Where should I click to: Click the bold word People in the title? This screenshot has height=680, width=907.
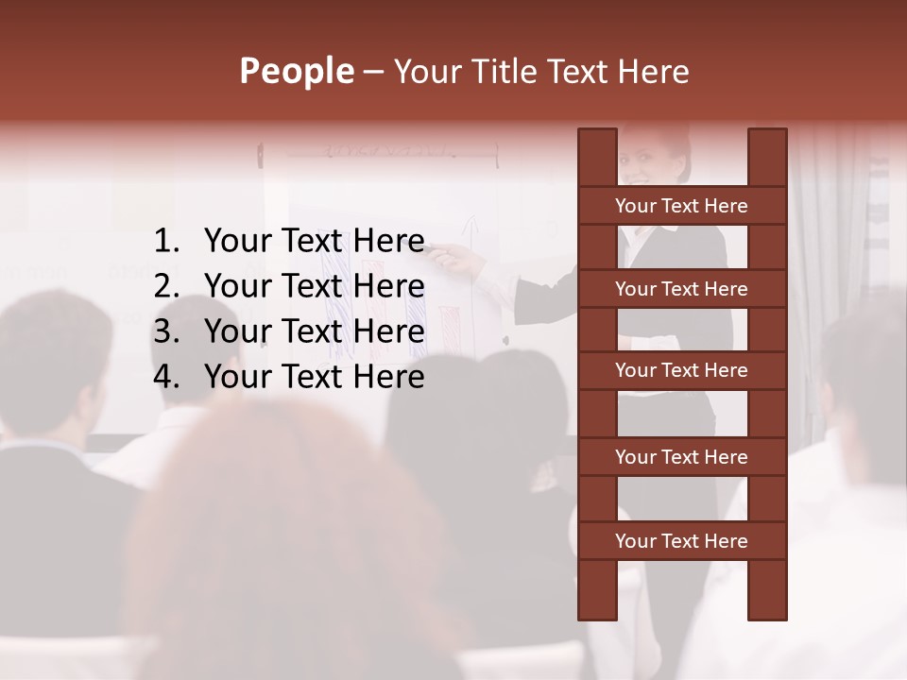(296, 71)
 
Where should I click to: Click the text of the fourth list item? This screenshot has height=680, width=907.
(314, 378)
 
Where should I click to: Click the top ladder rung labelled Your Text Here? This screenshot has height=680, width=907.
(681, 206)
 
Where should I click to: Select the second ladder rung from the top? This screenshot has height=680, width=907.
(681, 289)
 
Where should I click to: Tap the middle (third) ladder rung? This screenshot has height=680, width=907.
(681, 371)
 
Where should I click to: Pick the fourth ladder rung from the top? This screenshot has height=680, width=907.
(681, 457)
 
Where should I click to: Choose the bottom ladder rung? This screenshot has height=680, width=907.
(681, 541)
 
